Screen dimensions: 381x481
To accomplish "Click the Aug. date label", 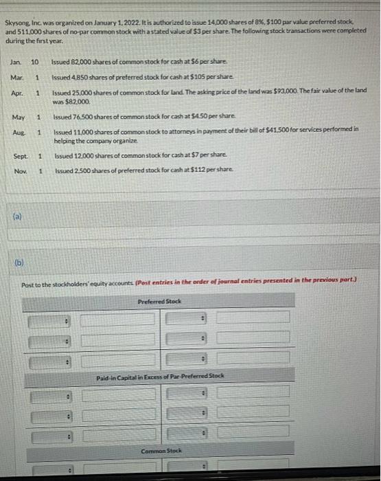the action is pos(17,131).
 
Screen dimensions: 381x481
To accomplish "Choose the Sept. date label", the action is pos(20,157).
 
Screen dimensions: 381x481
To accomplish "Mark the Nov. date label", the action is pos(19,170).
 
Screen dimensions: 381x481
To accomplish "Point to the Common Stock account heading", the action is pos(161,451).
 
